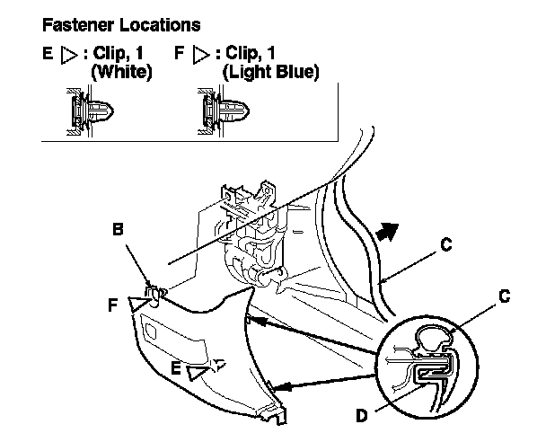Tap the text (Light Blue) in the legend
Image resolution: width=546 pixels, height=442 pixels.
pyautogui.click(x=271, y=71)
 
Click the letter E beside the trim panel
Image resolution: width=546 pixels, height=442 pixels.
pyautogui.click(x=177, y=367)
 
